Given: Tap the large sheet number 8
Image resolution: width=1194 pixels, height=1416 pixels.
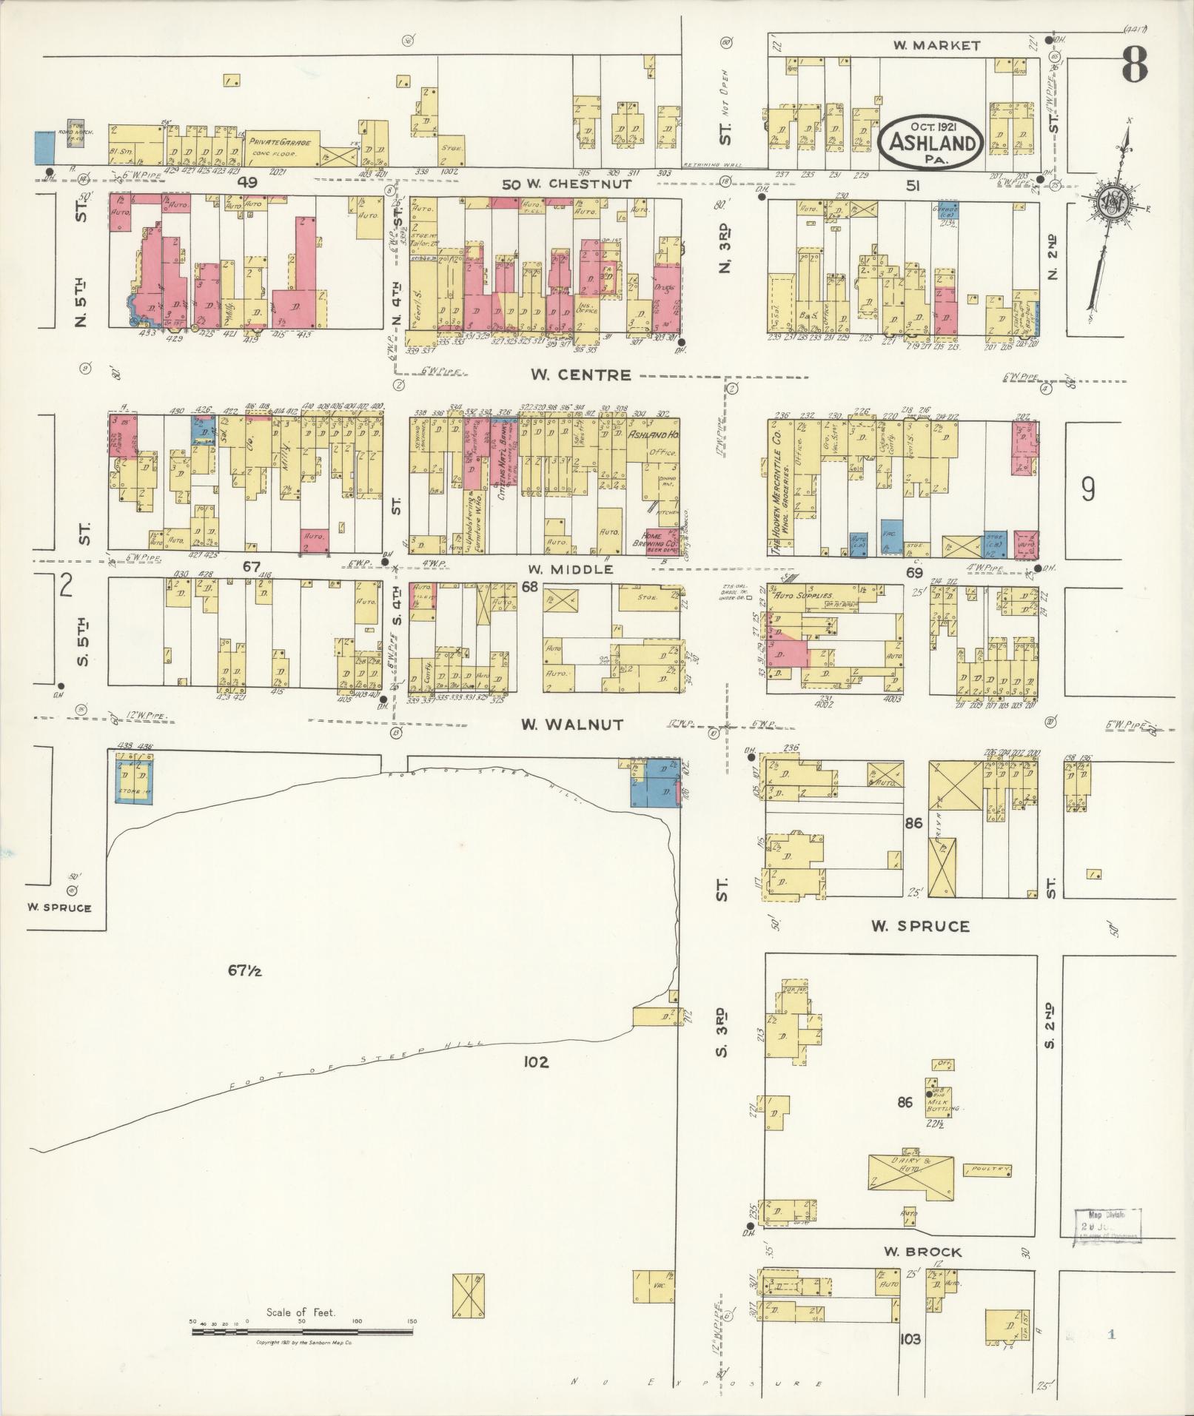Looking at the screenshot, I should pos(1134,64).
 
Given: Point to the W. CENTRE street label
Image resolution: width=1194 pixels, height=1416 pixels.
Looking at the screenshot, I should pos(581,375).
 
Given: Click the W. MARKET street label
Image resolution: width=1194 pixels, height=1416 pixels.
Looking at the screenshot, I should pos(936,46).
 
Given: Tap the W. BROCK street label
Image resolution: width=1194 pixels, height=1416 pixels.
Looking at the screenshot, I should pos(922,1252).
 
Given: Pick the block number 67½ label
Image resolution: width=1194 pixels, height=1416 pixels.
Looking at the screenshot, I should pos(244,970).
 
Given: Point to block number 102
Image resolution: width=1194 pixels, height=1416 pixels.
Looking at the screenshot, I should pos(535,1062).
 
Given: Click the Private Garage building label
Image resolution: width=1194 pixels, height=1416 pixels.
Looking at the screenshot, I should pos(279,142).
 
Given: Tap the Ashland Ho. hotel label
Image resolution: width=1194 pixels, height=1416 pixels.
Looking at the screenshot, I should pos(654,435).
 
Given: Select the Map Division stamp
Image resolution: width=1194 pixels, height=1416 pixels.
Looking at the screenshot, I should pos(1107,1224).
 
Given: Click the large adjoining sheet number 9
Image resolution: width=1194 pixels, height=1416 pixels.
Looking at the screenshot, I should pos(1087,489).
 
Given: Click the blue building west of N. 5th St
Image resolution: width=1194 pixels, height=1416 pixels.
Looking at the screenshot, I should pos(44,148).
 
